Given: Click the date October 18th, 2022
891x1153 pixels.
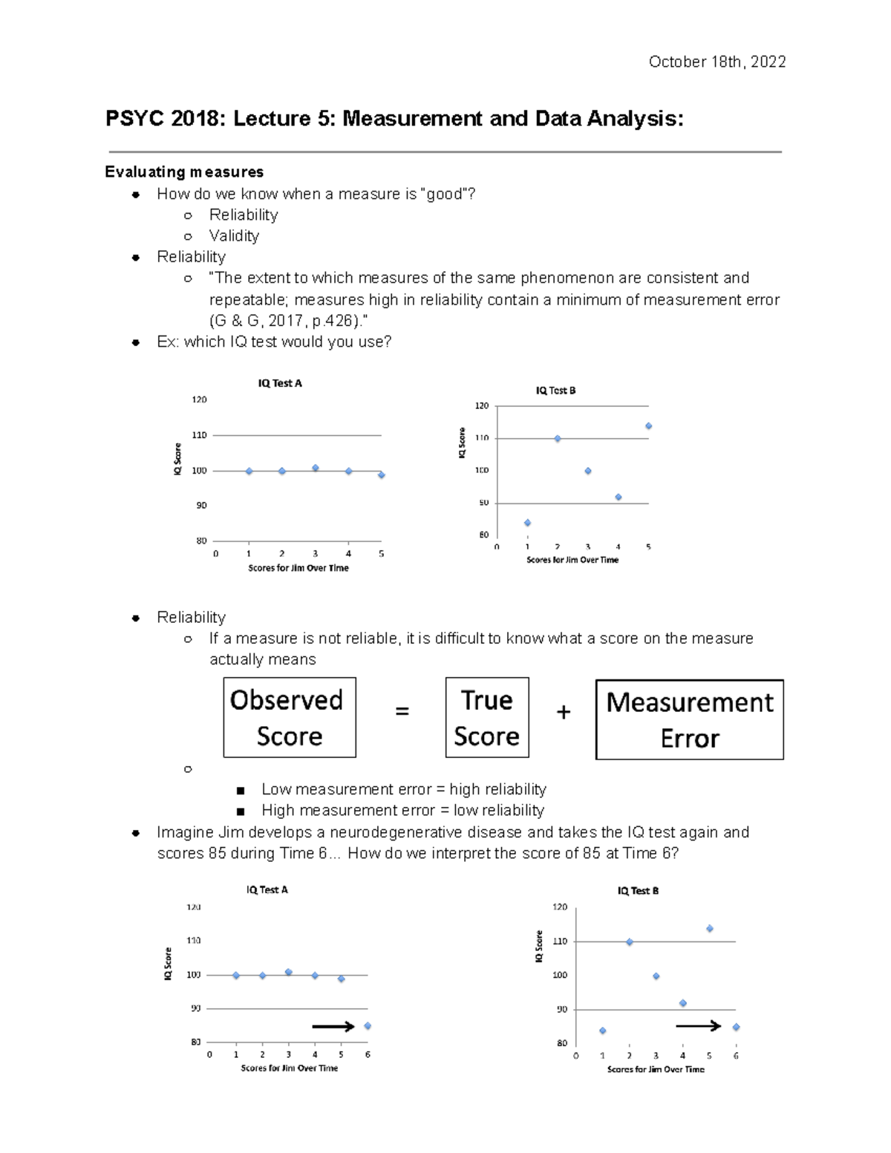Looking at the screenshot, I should (x=717, y=62).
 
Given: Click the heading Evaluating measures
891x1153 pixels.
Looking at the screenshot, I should (x=184, y=172).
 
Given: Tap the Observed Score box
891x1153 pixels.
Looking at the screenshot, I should (x=289, y=717).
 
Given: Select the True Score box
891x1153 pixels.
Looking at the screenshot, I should (x=486, y=717).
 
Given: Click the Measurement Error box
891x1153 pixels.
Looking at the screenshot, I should (x=689, y=719).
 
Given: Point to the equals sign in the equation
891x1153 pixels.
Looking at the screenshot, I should (x=402, y=711).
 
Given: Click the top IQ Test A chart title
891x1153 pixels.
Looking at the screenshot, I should (x=280, y=383).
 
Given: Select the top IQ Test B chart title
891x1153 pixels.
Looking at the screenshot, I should (x=555, y=390).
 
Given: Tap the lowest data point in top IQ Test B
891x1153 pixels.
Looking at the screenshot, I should (x=527, y=523).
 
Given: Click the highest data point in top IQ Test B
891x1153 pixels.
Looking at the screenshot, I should (x=648, y=426).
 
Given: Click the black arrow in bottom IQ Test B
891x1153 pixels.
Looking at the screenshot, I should (x=698, y=1026).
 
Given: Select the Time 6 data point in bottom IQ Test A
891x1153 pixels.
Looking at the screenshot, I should (x=368, y=1026).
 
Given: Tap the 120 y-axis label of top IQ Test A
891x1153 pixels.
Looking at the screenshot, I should (x=199, y=399).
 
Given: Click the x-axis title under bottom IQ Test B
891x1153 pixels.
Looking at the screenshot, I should (x=656, y=1069).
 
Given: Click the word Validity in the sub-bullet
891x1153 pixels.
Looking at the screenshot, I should (x=234, y=235).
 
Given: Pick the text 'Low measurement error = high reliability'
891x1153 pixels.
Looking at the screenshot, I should (x=403, y=789).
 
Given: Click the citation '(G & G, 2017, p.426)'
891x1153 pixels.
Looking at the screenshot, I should (x=287, y=321).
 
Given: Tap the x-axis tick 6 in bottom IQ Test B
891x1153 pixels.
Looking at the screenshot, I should (x=736, y=1056).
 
